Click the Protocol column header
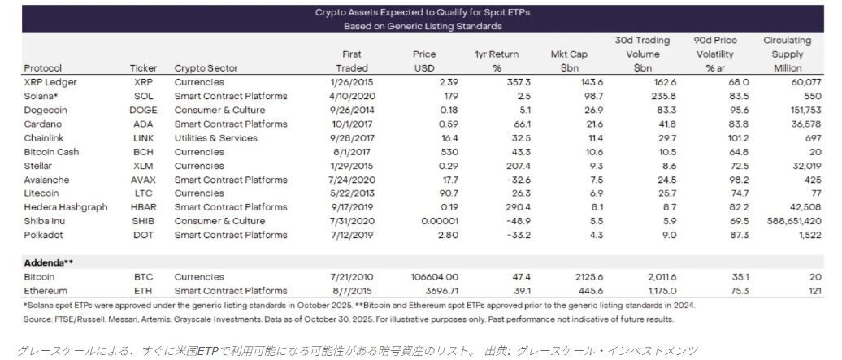[x=43, y=68]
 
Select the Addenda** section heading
[x=50, y=262]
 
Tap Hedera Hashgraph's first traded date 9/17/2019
[x=352, y=207]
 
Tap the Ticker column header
[x=143, y=68]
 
